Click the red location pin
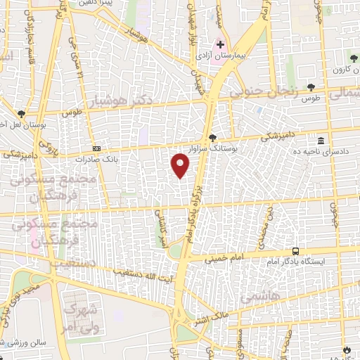click(x=181, y=165)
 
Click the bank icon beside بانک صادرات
click(x=96, y=148)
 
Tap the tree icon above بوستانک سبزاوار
click(x=213, y=137)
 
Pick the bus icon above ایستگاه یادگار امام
click(x=296, y=251)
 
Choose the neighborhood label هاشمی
click(x=257, y=297)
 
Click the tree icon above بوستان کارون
click(x=353, y=61)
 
